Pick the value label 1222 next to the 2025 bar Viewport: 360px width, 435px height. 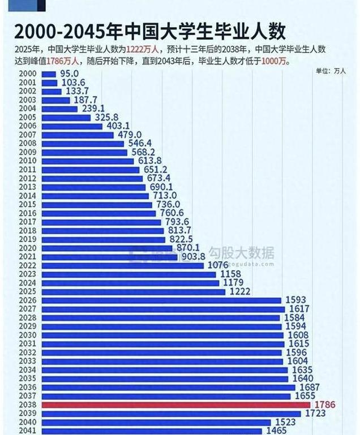point(238,291)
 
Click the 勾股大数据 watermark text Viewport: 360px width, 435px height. point(242,252)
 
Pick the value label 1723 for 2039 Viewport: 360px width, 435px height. point(315,414)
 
